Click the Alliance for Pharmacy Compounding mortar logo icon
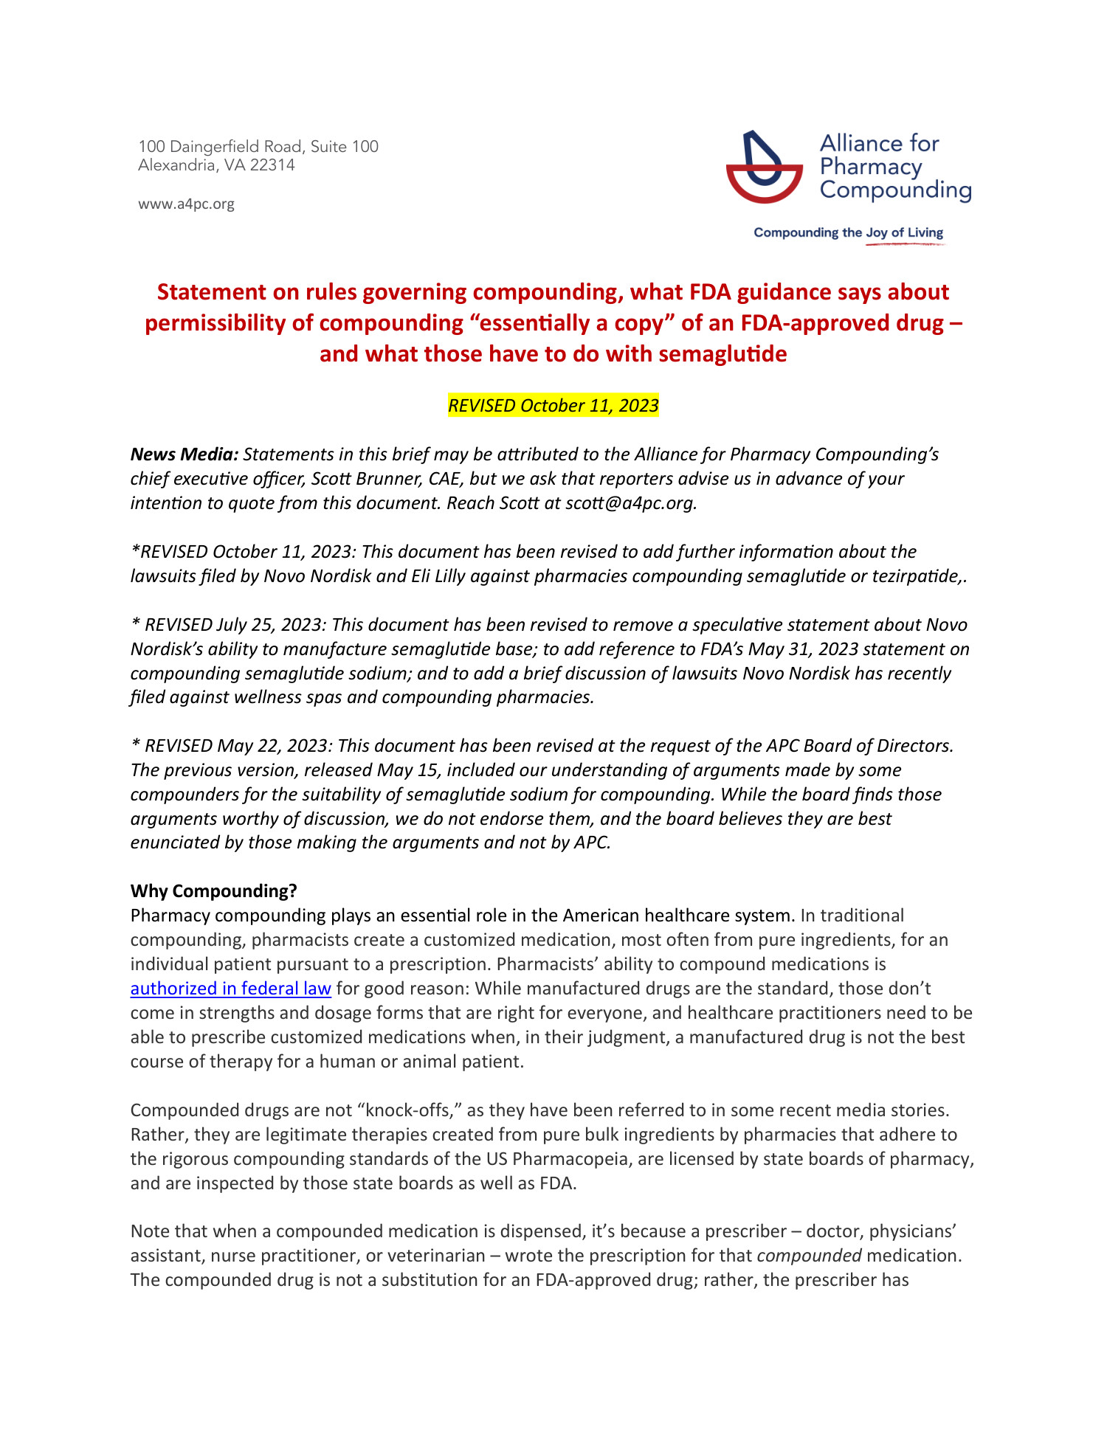(x=764, y=167)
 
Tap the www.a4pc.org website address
(x=186, y=204)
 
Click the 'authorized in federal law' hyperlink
(x=230, y=989)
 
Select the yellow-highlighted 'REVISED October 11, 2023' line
(x=553, y=406)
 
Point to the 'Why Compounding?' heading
(x=213, y=891)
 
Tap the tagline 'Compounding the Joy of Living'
(x=848, y=233)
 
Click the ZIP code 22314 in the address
(x=272, y=165)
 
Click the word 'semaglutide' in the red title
(x=723, y=355)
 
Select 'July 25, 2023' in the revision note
(x=270, y=625)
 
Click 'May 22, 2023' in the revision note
(x=271, y=746)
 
